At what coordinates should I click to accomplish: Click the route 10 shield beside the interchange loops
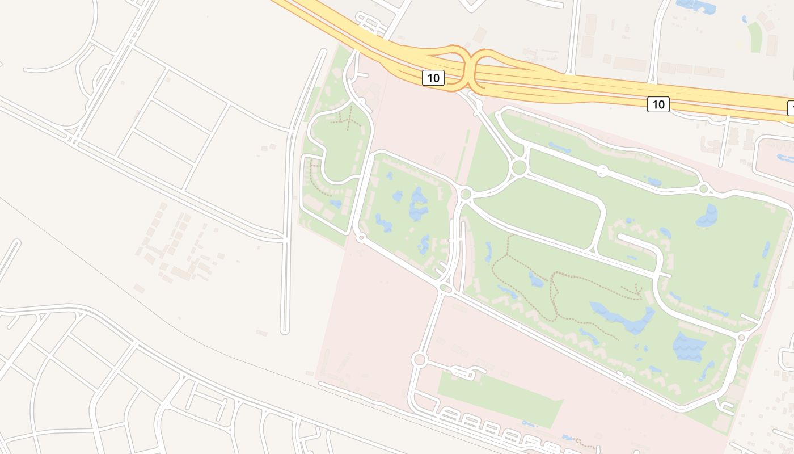[x=433, y=78]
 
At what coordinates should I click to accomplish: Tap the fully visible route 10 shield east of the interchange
[x=658, y=104]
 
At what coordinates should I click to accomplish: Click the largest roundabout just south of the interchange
[x=518, y=167]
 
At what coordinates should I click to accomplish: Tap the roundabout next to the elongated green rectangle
[x=419, y=359]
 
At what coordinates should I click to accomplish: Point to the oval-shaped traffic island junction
[x=445, y=289]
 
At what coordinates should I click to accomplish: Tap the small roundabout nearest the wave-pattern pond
[x=741, y=338]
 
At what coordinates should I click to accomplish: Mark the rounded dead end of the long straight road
[x=285, y=330]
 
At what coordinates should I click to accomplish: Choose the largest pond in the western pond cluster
[x=419, y=204]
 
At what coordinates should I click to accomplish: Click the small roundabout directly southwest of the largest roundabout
[x=466, y=194]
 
